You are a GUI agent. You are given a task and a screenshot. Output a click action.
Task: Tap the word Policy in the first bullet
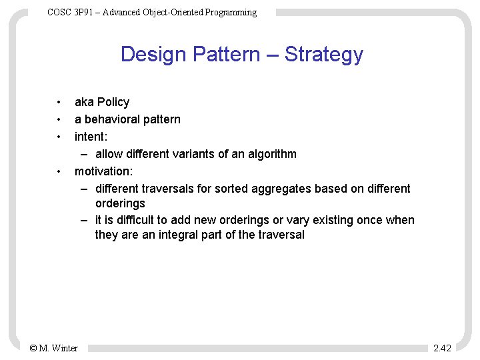click(x=113, y=102)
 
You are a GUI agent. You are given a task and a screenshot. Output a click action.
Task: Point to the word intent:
click(x=91, y=137)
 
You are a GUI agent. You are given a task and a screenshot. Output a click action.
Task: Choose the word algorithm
click(x=270, y=154)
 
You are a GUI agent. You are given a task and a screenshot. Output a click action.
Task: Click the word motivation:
click(x=103, y=171)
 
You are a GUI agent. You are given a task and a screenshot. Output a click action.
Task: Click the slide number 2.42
click(x=442, y=348)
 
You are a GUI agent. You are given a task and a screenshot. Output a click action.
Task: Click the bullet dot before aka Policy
click(x=59, y=103)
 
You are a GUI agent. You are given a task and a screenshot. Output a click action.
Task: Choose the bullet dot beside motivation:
click(x=59, y=172)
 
